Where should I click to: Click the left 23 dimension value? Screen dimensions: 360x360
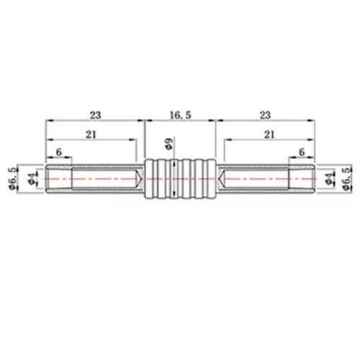coord(96,115)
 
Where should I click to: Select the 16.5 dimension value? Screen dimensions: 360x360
coord(181,115)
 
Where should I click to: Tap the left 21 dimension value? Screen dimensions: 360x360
coord(91,135)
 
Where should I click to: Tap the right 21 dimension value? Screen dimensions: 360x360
coord(269,135)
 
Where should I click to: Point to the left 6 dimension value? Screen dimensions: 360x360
coord(59,152)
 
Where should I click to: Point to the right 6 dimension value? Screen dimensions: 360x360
coord(302,152)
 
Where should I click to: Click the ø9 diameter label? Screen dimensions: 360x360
coord(170,143)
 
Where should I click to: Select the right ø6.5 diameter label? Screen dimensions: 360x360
coord(348,178)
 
